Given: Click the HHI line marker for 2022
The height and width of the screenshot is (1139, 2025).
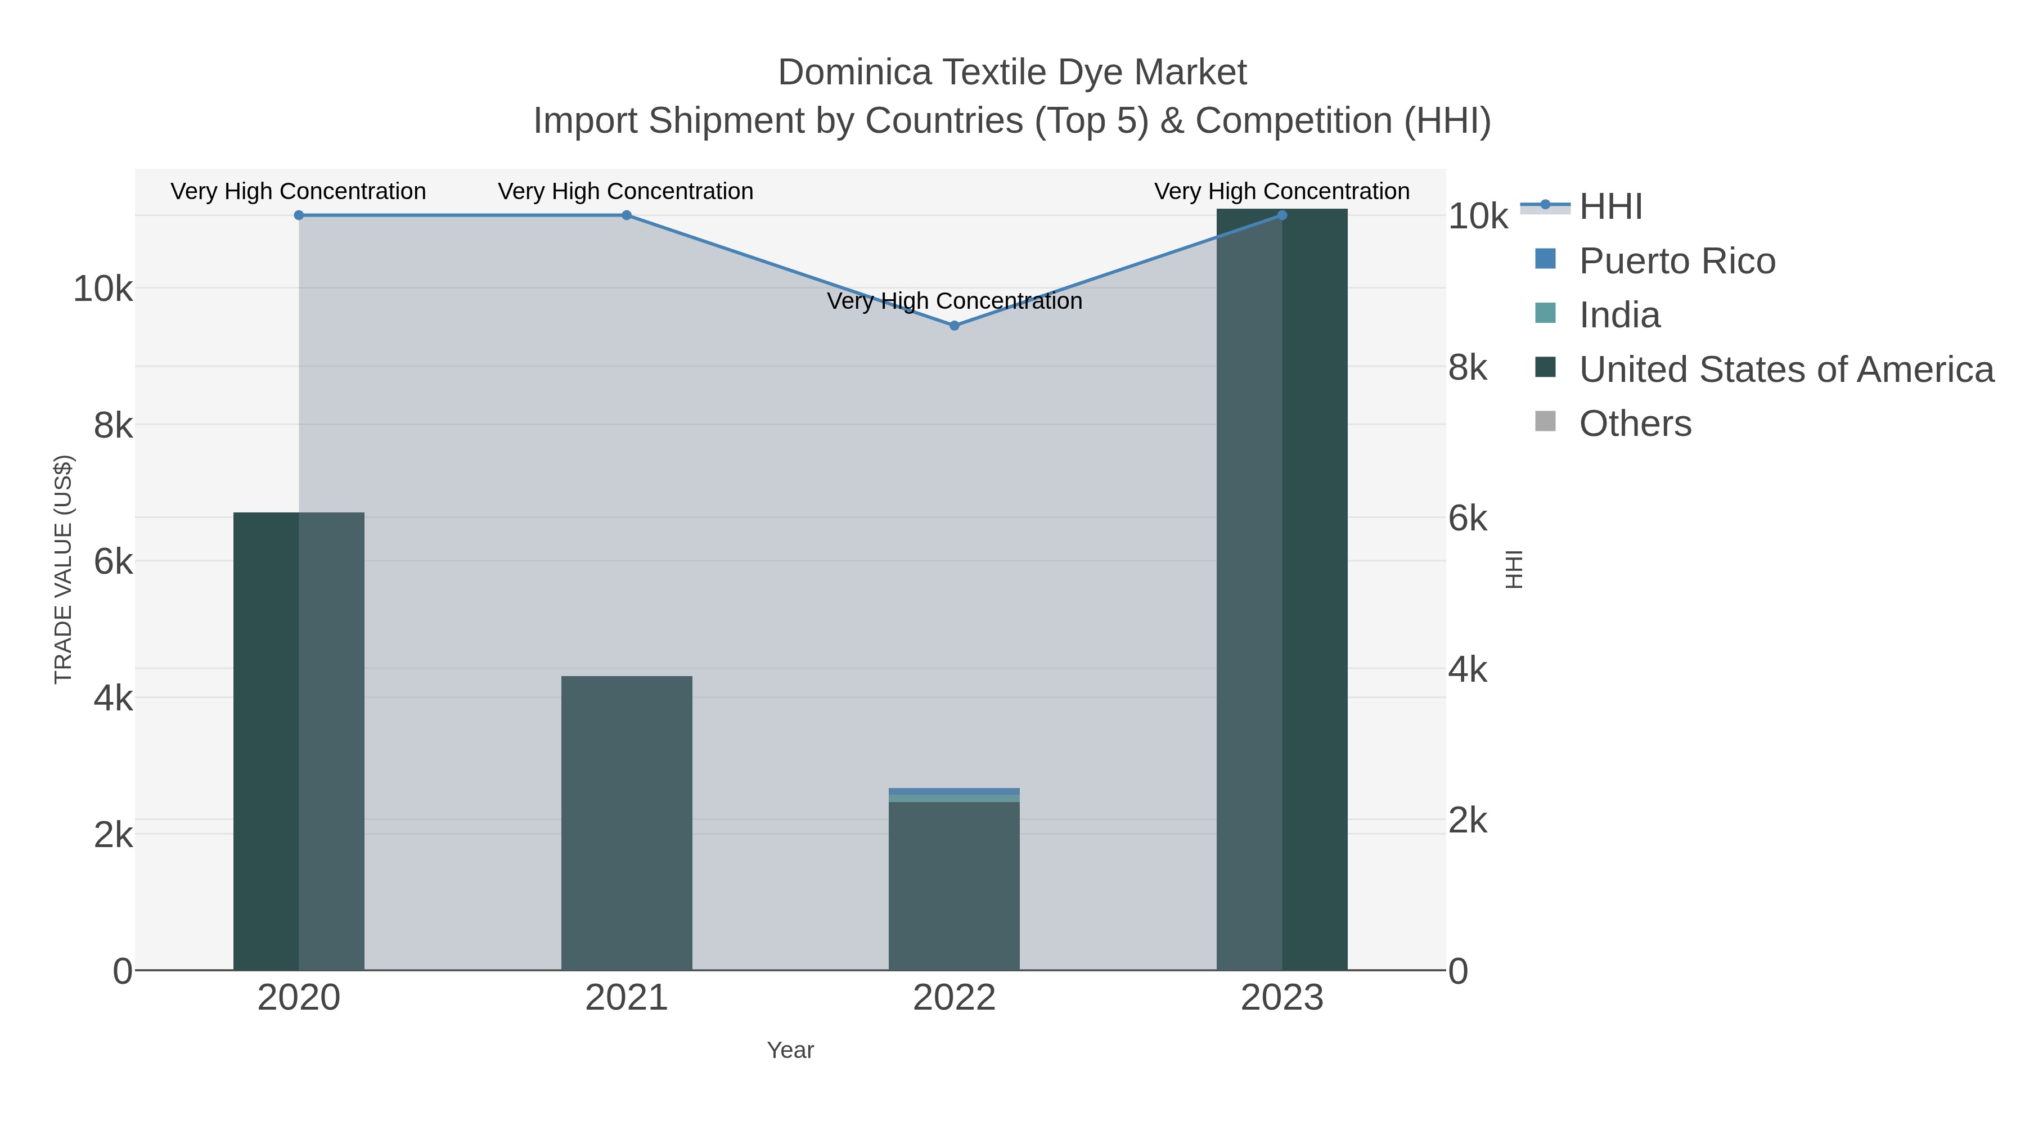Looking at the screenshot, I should pos(955,326).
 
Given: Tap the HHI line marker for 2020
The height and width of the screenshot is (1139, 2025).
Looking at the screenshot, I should pos(299,215).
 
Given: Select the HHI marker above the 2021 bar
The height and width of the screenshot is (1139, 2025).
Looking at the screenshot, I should pos(627,215).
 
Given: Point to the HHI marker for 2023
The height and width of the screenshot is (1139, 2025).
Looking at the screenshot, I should pos(1282,215).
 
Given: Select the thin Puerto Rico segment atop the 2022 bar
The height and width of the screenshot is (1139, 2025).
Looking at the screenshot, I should pos(955,791).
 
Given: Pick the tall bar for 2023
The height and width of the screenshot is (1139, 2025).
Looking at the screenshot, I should pos(1282,589).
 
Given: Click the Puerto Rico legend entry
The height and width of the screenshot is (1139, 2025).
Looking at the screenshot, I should pos(1676,261).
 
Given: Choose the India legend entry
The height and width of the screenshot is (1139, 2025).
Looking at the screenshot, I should pos(1619,315).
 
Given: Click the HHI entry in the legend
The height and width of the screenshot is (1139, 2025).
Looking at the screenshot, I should pos(1610,207).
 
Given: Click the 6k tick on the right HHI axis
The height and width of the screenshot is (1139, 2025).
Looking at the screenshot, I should pos(1468,519).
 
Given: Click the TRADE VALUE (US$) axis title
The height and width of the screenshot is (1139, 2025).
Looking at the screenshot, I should pos(63,569).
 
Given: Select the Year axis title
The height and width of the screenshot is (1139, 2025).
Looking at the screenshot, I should pos(790,1050).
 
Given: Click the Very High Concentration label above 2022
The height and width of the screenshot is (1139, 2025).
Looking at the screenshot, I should pos(955,301).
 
